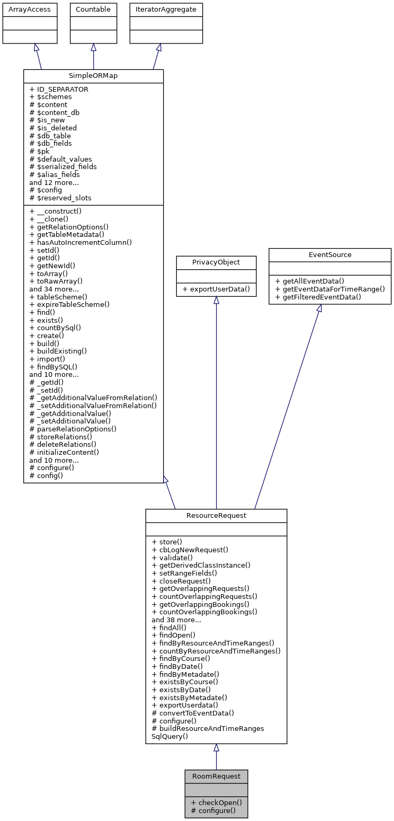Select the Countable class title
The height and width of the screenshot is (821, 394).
[x=93, y=10]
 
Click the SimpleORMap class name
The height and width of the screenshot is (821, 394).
[x=93, y=76]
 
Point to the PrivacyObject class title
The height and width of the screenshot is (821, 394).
[x=216, y=262]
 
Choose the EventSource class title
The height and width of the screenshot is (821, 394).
[x=329, y=255]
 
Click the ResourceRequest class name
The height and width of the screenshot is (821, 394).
[x=216, y=515]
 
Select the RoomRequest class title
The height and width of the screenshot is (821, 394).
[x=216, y=776]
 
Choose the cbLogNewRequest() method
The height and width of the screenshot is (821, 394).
[x=190, y=550]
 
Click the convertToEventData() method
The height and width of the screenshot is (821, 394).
[x=193, y=713]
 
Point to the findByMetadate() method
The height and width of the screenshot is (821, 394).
[x=185, y=674]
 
